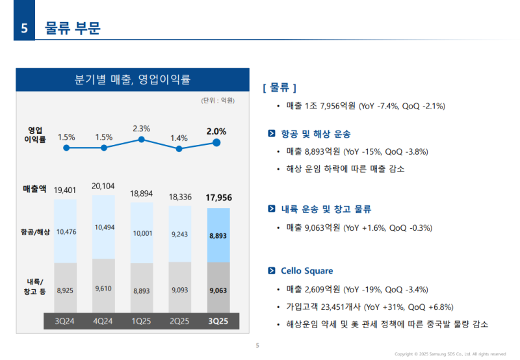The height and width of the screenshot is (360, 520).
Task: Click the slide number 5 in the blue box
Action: coord(24,29)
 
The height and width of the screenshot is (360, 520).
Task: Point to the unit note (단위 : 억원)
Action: coord(218,101)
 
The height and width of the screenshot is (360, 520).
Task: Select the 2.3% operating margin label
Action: coord(141,129)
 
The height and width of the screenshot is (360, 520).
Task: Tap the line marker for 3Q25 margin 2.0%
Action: coord(217,143)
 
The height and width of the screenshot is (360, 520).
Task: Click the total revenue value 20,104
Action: coord(103,186)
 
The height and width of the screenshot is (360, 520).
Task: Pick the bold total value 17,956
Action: coord(218,198)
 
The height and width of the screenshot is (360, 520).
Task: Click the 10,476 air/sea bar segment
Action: coord(66,231)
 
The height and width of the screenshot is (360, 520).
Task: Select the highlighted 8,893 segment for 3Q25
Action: coord(218,237)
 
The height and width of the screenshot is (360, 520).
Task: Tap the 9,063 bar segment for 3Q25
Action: coord(218,290)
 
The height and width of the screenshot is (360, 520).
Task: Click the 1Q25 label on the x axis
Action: coord(141,320)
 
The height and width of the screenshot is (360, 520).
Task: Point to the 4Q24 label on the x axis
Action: coord(103,320)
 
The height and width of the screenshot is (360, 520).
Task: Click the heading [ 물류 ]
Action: coord(279,87)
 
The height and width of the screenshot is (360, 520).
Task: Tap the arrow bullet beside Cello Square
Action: coord(272,271)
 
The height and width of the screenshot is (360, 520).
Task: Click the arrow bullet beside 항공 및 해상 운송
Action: coord(272,134)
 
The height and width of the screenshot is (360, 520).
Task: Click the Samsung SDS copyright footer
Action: coord(450,354)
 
